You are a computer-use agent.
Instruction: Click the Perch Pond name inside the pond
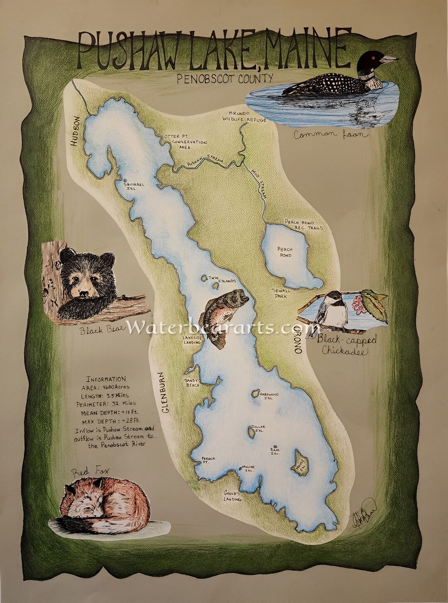[x=285, y=252]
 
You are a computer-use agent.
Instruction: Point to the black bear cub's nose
[x=83, y=293]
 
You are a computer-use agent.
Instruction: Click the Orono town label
[x=297, y=339]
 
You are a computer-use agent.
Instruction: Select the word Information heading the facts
[x=106, y=379]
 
